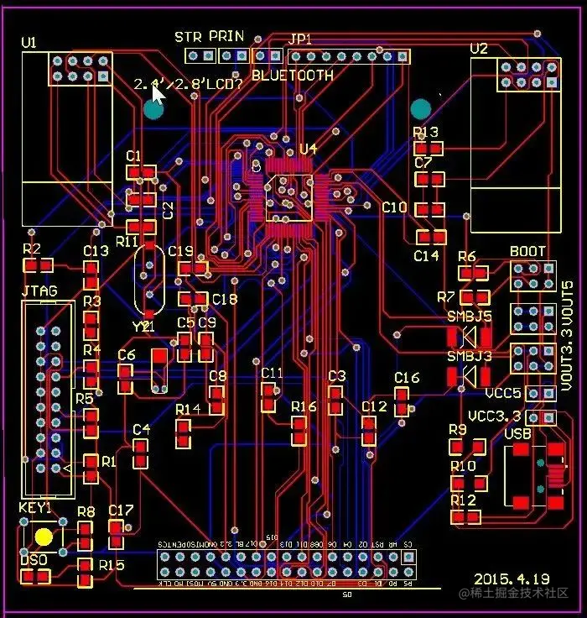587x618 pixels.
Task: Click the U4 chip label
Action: point(309,149)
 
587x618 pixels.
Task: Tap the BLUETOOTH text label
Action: point(293,75)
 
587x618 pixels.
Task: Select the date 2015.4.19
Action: point(512,579)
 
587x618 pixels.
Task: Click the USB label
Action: point(518,433)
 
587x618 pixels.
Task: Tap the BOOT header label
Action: point(527,251)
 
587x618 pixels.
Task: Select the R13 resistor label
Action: point(426,132)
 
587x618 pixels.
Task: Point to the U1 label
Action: point(29,42)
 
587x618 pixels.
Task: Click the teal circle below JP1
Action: point(420,109)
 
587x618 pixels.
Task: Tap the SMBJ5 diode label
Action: point(469,317)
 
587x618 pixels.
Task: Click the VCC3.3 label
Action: point(494,416)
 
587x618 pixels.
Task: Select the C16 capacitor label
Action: point(407,378)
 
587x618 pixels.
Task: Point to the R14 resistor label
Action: point(188,409)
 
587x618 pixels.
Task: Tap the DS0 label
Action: point(34,560)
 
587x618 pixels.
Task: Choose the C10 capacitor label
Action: point(394,207)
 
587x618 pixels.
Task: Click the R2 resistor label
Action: point(32,249)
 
